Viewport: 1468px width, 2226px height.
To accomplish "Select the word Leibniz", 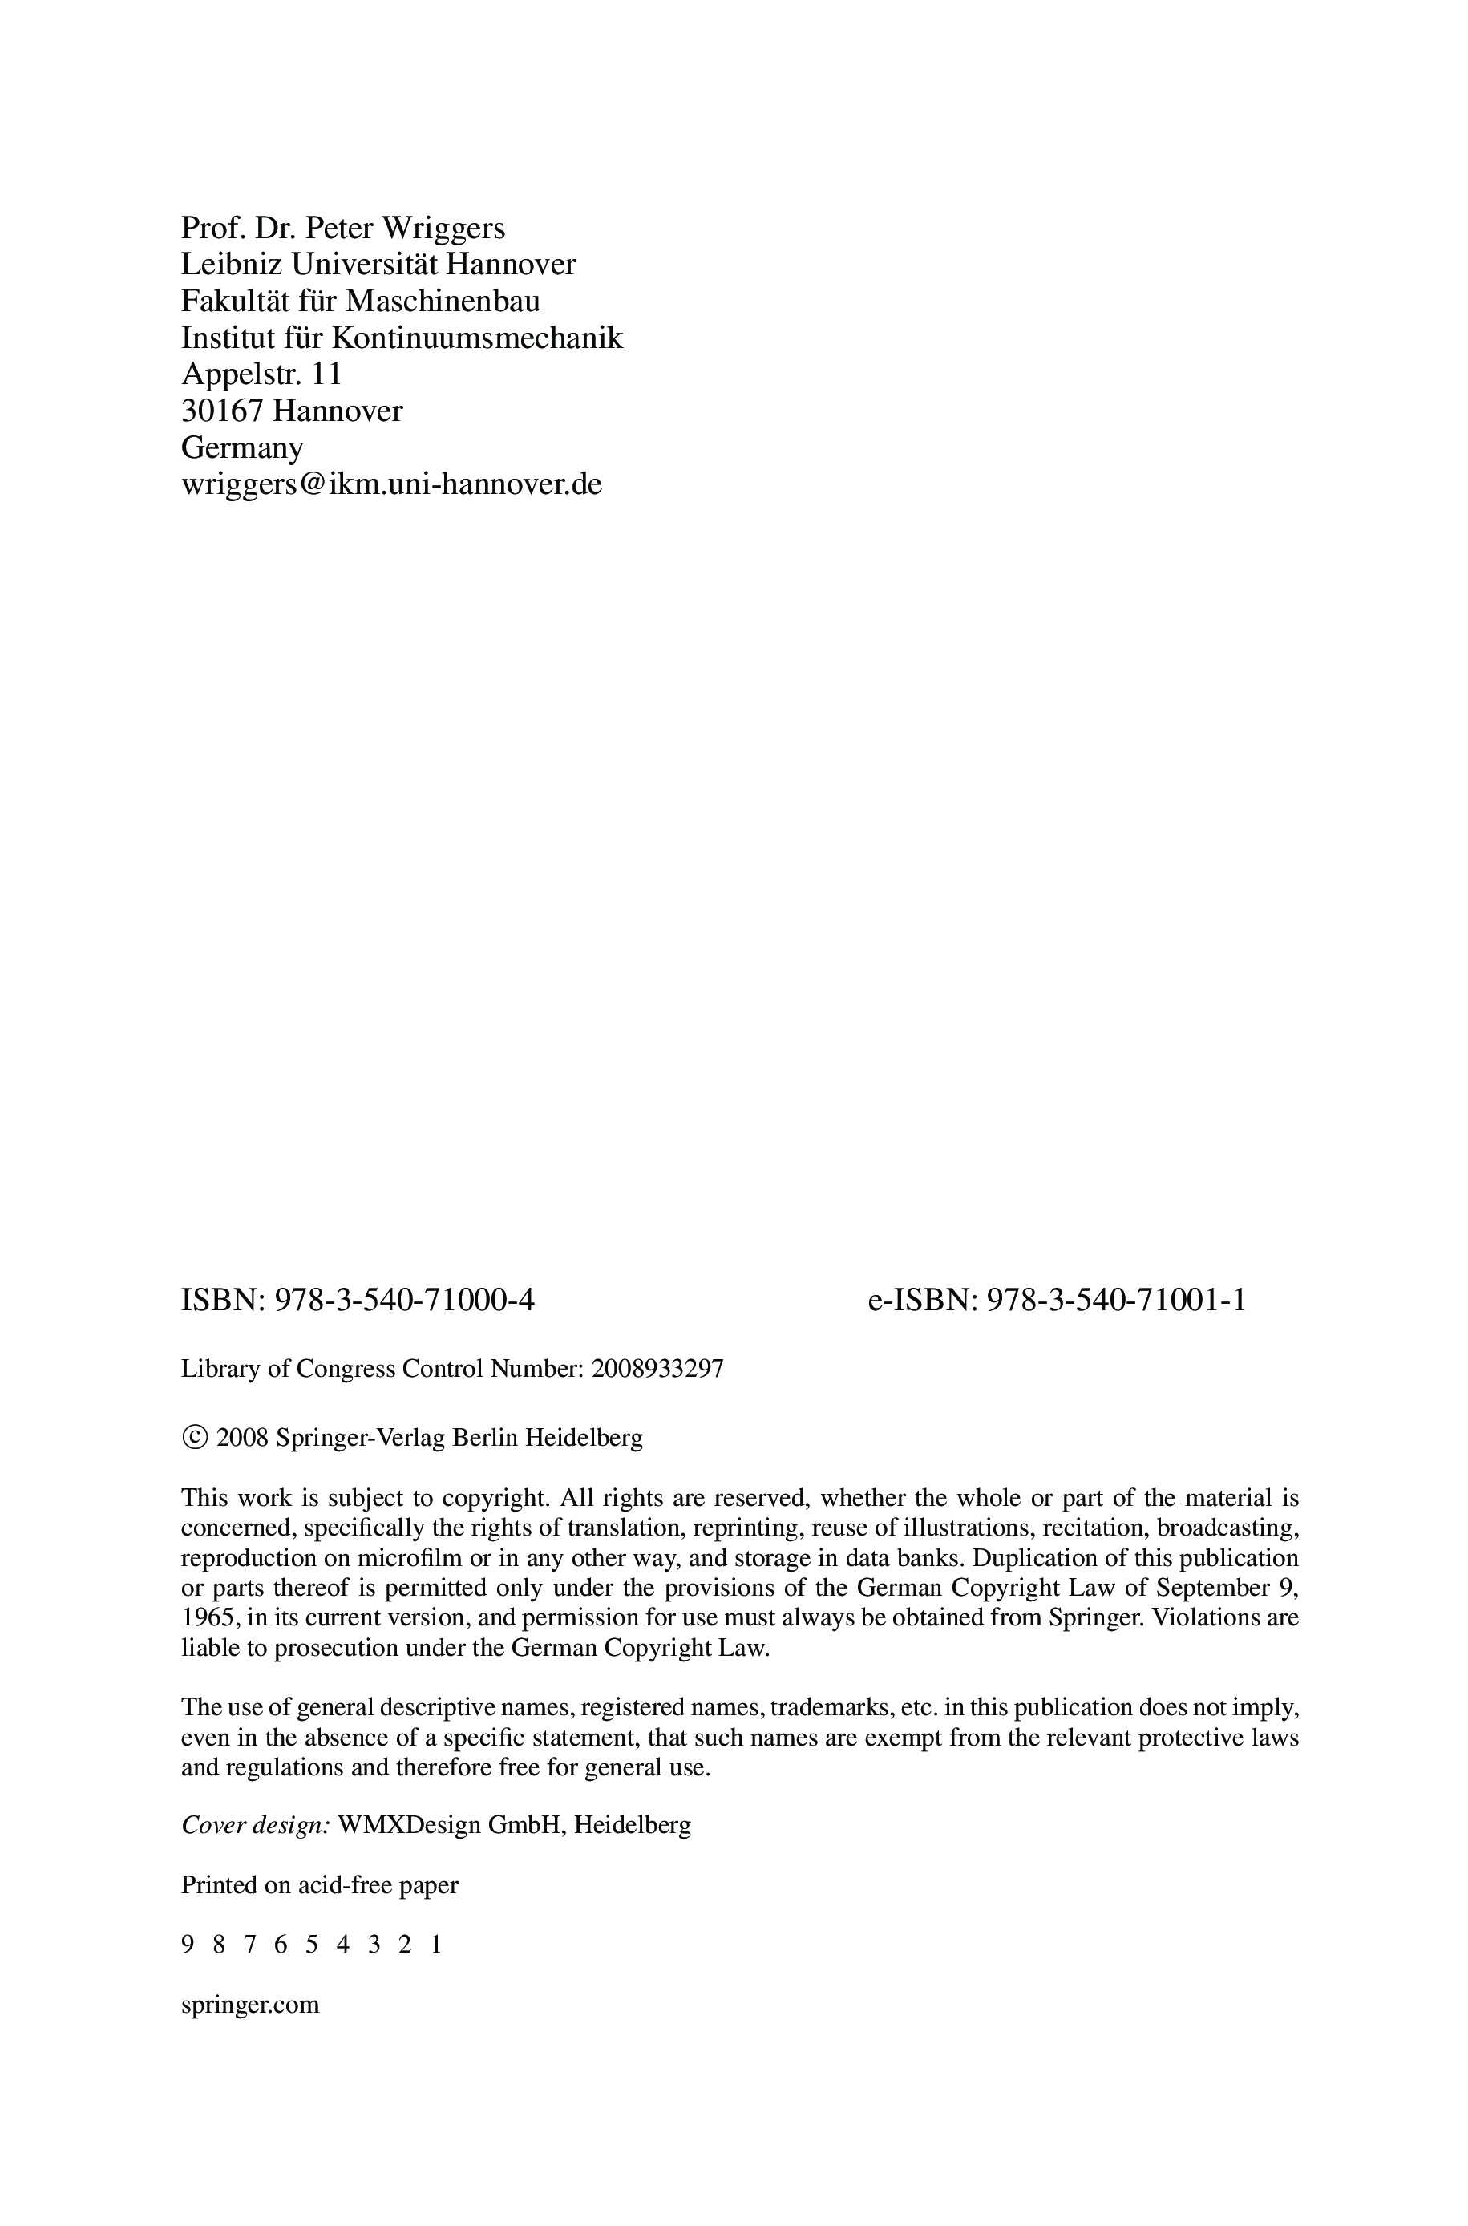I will [x=231, y=265].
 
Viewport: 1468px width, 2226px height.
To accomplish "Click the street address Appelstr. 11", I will [x=261, y=374].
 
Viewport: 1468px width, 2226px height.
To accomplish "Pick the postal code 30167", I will [x=222, y=411].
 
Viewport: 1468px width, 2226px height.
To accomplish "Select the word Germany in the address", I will [x=241, y=447].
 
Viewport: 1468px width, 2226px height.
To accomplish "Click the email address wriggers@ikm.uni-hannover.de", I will [x=391, y=484].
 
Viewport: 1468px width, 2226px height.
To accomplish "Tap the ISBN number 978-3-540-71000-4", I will [x=402, y=1300].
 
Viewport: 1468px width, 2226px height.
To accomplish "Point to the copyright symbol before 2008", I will [x=195, y=1437].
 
